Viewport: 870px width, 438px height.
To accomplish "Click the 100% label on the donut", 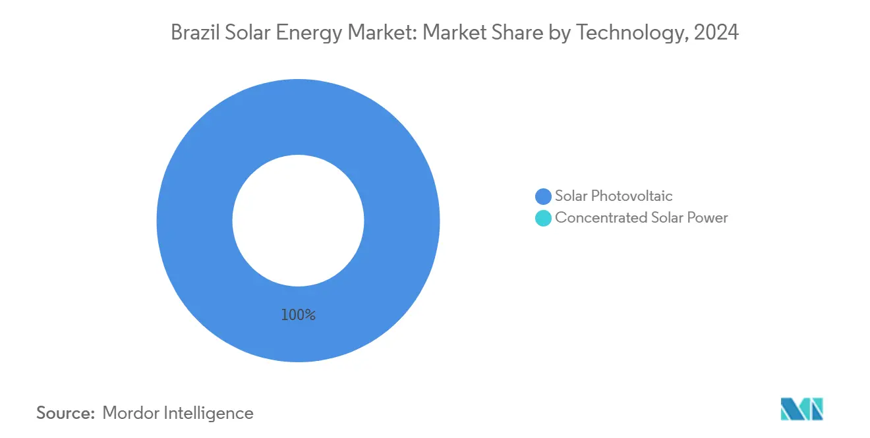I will (x=298, y=315).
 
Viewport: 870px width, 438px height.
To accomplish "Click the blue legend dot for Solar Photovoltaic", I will (x=543, y=196).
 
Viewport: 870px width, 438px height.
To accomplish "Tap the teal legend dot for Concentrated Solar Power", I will (x=543, y=218).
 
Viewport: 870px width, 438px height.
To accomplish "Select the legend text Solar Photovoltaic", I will (x=614, y=196).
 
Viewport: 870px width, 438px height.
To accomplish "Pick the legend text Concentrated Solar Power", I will (x=641, y=217).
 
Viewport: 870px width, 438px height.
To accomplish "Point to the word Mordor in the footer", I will (x=132, y=413).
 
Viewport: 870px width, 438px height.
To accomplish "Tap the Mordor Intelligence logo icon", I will (x=801, y=409).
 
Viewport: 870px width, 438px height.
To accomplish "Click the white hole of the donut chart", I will (x=298, y=221).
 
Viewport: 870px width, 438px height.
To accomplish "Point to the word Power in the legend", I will (x=709, y=217).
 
